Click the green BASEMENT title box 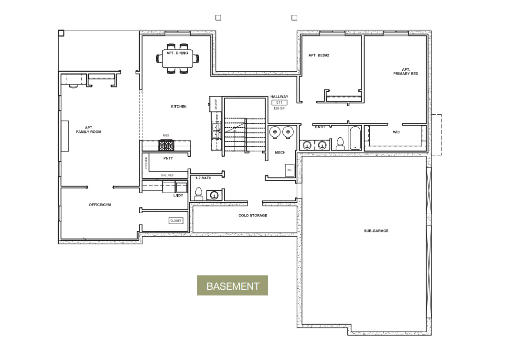232,286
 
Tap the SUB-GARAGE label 376,231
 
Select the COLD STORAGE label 253,216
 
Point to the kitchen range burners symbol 167,145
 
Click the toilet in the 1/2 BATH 198,194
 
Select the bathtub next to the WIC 355,138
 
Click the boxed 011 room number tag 279,102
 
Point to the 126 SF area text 279,109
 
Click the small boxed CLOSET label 176,220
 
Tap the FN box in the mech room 289,170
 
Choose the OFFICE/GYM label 100,205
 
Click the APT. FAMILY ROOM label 89,130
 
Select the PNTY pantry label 168,158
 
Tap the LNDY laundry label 178,195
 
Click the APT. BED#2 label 319,55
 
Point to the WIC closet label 396,131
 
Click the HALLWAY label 279,97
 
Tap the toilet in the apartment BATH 340,143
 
